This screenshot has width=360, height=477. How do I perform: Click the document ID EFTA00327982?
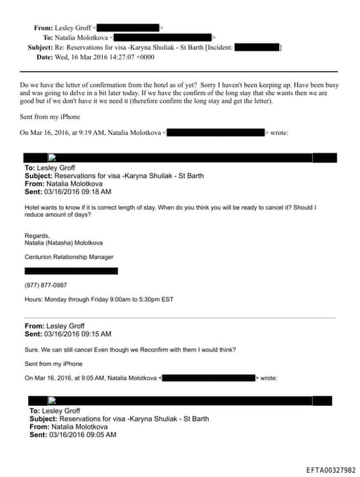coord(330,470)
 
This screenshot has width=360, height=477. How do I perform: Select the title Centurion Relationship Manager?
coord(69,257)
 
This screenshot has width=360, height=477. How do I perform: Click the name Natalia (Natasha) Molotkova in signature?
coord(63,243)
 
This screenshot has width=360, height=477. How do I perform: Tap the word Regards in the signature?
coord(37,236)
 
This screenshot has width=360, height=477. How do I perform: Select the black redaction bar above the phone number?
coord(71,271)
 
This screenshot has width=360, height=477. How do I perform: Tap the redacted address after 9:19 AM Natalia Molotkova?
coord(217,132)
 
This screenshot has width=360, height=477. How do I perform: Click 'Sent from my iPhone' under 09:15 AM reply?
coord(53,364)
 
